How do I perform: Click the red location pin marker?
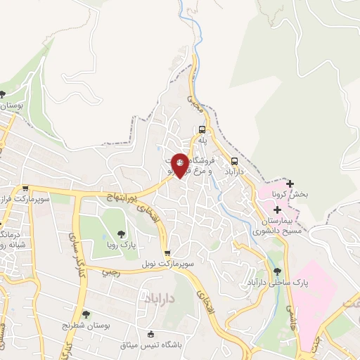coord(180,165)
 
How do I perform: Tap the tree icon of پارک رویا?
coord(121,235)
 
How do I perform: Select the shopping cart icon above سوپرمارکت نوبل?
coord(167,253)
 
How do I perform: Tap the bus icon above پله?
coord(202,130)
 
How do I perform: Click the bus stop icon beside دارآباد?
coord(234,160)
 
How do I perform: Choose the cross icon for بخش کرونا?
coord(289,184)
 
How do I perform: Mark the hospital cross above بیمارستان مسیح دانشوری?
coord(278,210)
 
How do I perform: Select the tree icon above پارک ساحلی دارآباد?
coord(277,272)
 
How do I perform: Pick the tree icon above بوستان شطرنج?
coord(86,314)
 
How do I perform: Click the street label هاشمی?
coord(290,317)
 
